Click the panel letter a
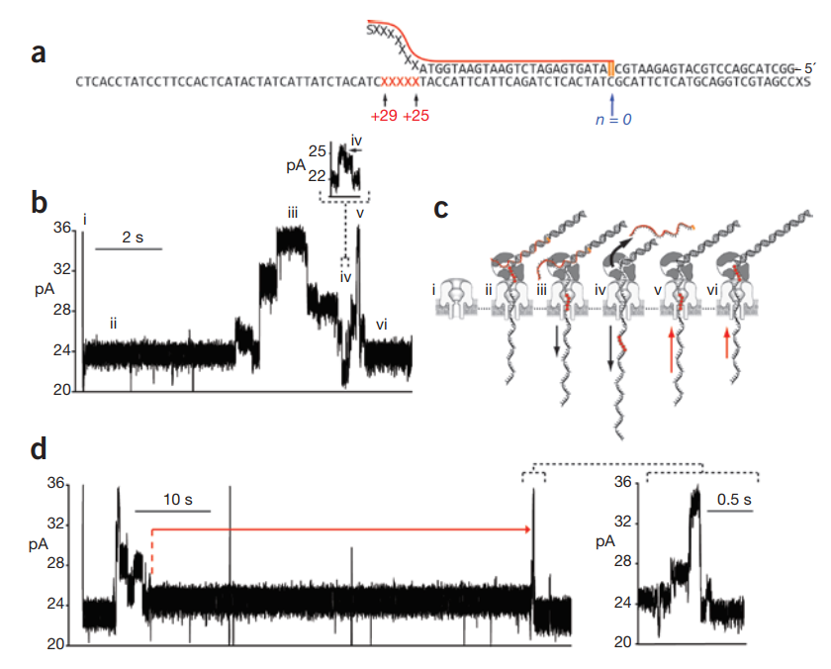pyautogui.click(x=39, y=53)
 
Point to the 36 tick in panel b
pyautogui.click(x=61, y=228)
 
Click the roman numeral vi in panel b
pyautogui.click(x=381, y=320)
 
